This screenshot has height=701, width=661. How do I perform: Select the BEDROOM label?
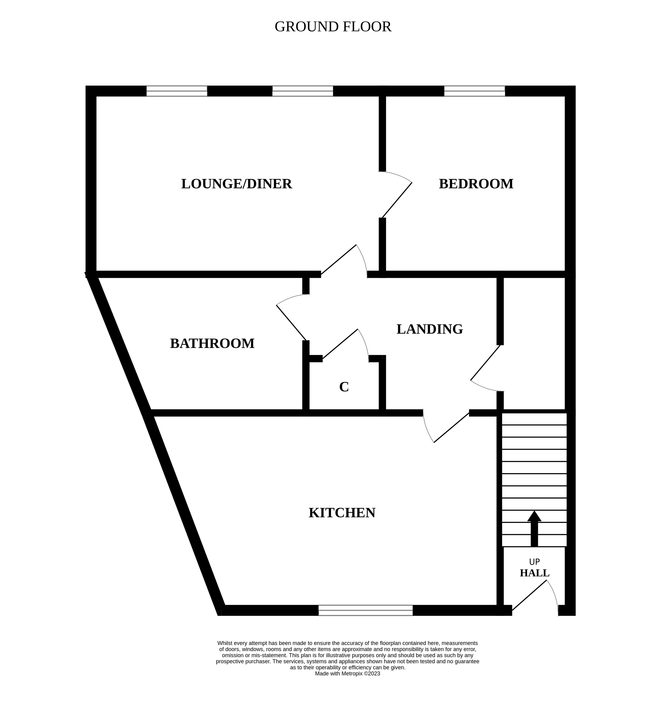[476, 184]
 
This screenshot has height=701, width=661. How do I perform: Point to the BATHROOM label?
[212, 343]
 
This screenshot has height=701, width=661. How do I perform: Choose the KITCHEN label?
[342, 513]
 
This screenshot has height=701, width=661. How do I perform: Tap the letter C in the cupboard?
[344, 387]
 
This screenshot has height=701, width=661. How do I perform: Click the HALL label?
[534, 573]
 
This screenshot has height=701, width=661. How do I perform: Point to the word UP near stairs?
[534, 562]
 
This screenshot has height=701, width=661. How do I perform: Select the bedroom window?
[474, 91]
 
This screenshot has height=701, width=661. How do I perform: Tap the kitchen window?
[365, 610]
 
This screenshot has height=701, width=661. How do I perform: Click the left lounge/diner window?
[177, 91]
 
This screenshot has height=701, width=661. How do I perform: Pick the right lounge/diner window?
[303, 91]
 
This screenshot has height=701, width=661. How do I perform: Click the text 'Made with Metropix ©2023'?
[347, 673]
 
